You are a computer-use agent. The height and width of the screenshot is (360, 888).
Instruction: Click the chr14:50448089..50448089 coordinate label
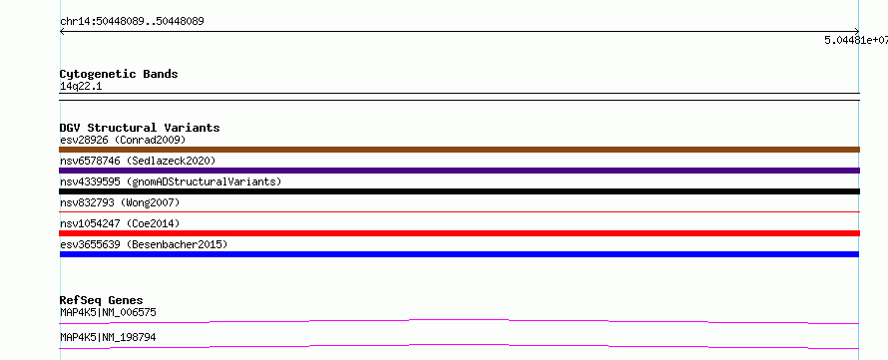(132, 22)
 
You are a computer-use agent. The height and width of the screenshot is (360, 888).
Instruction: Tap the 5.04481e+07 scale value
(856, 40)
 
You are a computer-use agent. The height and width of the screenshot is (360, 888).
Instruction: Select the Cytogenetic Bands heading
(119, 74)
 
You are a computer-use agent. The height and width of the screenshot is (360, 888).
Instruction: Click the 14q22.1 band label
(81, 87)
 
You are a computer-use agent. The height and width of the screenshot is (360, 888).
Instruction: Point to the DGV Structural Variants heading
(140, 128)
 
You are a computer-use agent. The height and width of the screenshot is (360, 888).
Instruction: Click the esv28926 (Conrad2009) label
(123, 140)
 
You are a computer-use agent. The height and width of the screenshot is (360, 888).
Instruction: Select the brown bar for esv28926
(459, 150)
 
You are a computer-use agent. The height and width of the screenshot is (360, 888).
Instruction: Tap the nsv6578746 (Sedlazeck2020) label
(138, 161)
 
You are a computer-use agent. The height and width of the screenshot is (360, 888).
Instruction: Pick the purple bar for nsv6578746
(459, 171)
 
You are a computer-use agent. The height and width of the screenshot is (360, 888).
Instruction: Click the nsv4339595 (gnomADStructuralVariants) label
(171, 181)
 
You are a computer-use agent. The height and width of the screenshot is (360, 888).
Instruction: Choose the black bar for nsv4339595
(459, 191)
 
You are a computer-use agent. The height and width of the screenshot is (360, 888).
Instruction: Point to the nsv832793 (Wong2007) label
(120, 202)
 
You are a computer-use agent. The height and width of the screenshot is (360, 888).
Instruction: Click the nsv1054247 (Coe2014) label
(120, 223)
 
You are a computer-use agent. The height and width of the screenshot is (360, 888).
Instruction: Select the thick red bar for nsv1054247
(459, 233)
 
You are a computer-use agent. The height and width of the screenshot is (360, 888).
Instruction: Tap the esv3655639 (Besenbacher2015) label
(144, 244)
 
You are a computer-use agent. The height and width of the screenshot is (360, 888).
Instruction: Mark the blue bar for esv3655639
(459, 254)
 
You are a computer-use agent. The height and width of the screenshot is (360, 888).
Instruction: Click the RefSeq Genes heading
(102, 300)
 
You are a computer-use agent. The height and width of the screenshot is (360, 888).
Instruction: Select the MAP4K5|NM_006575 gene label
(108, 312)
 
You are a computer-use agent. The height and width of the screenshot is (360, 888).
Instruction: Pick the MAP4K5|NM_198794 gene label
(108, 337)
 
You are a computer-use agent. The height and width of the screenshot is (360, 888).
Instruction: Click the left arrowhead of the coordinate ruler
(61, 32)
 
